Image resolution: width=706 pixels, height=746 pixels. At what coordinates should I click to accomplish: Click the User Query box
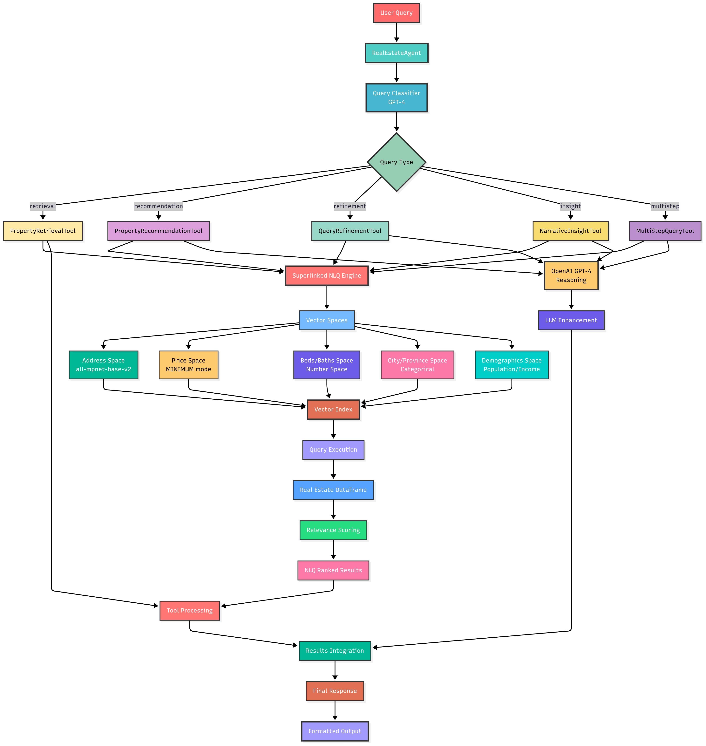tap(396, 13)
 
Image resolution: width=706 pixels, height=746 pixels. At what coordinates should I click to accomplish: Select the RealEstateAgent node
tap(396, 53)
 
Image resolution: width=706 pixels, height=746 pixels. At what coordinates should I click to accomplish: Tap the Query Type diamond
tap(396, 162)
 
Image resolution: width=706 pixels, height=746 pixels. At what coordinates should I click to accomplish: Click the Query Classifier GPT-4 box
tap(396, 98)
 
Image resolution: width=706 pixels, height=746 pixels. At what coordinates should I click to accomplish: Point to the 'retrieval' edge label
tap(43, 206)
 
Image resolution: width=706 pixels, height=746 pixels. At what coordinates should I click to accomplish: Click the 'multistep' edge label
tap(665, 206)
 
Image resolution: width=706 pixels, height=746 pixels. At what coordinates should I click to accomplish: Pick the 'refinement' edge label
tap(350, 206)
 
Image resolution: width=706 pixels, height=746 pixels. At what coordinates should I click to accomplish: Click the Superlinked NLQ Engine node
tap(327, 275)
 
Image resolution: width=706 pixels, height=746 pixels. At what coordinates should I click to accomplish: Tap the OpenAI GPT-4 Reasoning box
tap(571, 275)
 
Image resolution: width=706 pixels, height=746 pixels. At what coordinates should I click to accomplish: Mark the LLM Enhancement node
tap(571, 320)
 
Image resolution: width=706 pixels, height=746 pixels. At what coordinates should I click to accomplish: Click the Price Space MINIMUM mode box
tap(188, 365)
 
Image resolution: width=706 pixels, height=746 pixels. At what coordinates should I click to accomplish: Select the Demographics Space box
tap(512, 365)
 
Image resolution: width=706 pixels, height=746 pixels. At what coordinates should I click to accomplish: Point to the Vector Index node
tap(333, 410)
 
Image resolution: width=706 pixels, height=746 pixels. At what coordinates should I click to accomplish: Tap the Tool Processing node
tap(190, 611)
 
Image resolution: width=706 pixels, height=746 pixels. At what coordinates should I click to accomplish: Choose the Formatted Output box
tap(335, 731)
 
